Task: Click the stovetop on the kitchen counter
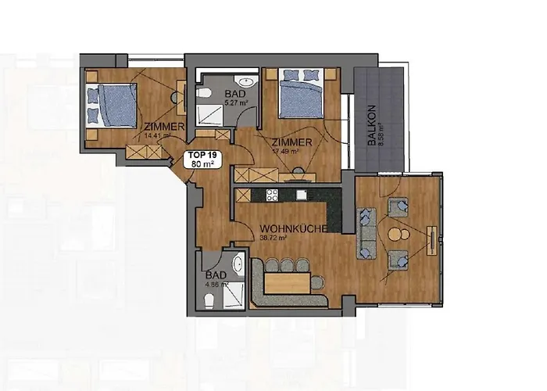point(272,195)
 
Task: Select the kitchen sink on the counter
point(300,195)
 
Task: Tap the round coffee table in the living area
point(399,235)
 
